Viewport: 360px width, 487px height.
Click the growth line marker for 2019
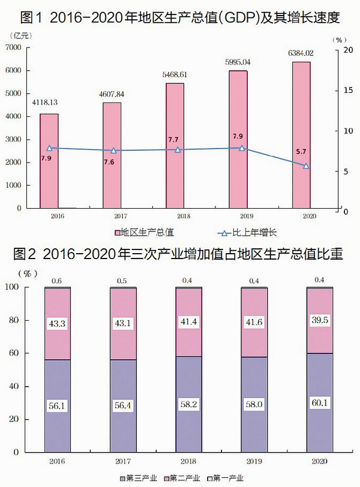tap(242, 148)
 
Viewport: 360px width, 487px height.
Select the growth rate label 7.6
tap(112, 162)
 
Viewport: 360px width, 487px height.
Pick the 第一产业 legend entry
tap(227, 478)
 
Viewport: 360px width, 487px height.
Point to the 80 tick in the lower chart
tap(16, 320)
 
